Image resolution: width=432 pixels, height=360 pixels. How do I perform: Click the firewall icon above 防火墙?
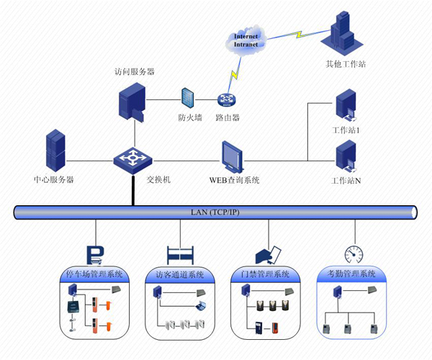(189, 99)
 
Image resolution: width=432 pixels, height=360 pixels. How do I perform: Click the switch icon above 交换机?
(132, 158)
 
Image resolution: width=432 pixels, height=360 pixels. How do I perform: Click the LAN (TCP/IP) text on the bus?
(215, 211)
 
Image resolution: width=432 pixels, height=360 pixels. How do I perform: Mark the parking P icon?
(96, 254)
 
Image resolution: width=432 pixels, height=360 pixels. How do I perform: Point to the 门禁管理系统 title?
(265, 274)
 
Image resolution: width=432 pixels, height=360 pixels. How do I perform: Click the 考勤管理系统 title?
(352, 274)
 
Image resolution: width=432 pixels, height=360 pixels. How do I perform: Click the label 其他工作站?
(346, 64)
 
